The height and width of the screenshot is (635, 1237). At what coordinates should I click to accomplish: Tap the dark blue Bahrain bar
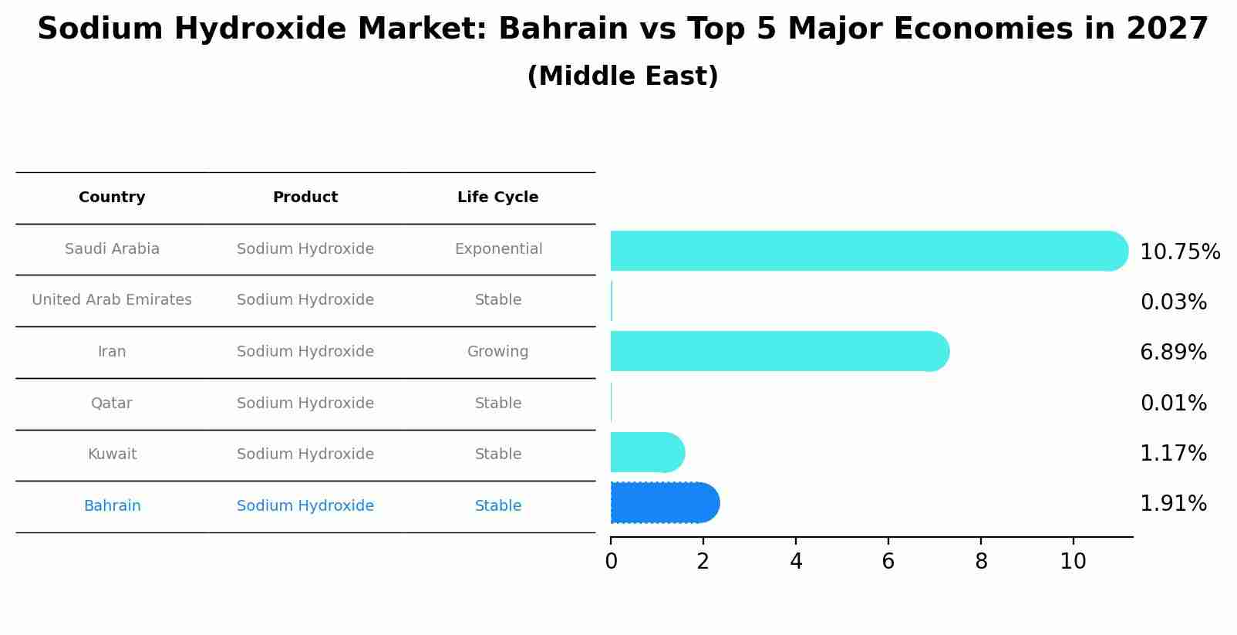(664, 503)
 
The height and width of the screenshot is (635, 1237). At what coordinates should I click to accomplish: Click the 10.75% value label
(1179, 252)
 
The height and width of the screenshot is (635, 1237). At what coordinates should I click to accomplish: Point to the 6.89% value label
(1173, 353)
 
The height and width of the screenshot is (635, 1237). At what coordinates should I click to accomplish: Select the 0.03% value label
(1173, 302)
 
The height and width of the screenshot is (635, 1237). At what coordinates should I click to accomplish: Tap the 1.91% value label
(1173, 504)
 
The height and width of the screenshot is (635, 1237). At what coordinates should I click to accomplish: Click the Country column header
(112, 198)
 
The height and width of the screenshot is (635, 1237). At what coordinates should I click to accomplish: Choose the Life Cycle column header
(497, 198)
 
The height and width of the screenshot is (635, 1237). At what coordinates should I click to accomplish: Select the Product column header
(305, 198)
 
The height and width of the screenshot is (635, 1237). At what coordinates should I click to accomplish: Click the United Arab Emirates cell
(112, 300)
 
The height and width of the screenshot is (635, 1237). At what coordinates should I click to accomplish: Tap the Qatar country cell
(112, 404)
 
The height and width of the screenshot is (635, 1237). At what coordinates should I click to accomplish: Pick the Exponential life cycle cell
(498, 249)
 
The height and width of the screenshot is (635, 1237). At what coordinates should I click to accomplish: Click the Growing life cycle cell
(497, 352)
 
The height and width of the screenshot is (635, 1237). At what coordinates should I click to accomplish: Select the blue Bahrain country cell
(112, 506)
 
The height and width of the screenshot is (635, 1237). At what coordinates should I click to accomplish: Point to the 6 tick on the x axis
(888, 561)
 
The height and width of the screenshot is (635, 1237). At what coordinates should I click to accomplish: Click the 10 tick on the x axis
(1073, 561)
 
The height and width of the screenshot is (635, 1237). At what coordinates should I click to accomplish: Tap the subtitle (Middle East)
(622, 76)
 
